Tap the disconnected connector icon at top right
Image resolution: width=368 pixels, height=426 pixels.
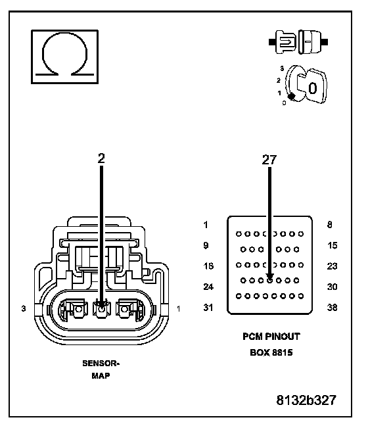coord(298,42)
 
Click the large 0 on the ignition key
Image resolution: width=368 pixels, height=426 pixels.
coord(313,88)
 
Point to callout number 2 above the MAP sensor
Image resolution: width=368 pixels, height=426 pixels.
coord(101,158)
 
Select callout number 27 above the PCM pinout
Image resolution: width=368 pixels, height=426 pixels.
coord(269,160)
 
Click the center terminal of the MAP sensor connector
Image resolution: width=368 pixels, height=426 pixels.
coord(102,309)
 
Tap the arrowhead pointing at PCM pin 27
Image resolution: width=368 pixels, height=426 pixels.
coord(269,277)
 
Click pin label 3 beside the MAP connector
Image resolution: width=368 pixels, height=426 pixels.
coord(24,308)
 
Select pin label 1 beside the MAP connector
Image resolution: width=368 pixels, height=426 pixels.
coord(179,308)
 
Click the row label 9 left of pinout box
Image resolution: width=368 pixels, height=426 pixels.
coord(206,245)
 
